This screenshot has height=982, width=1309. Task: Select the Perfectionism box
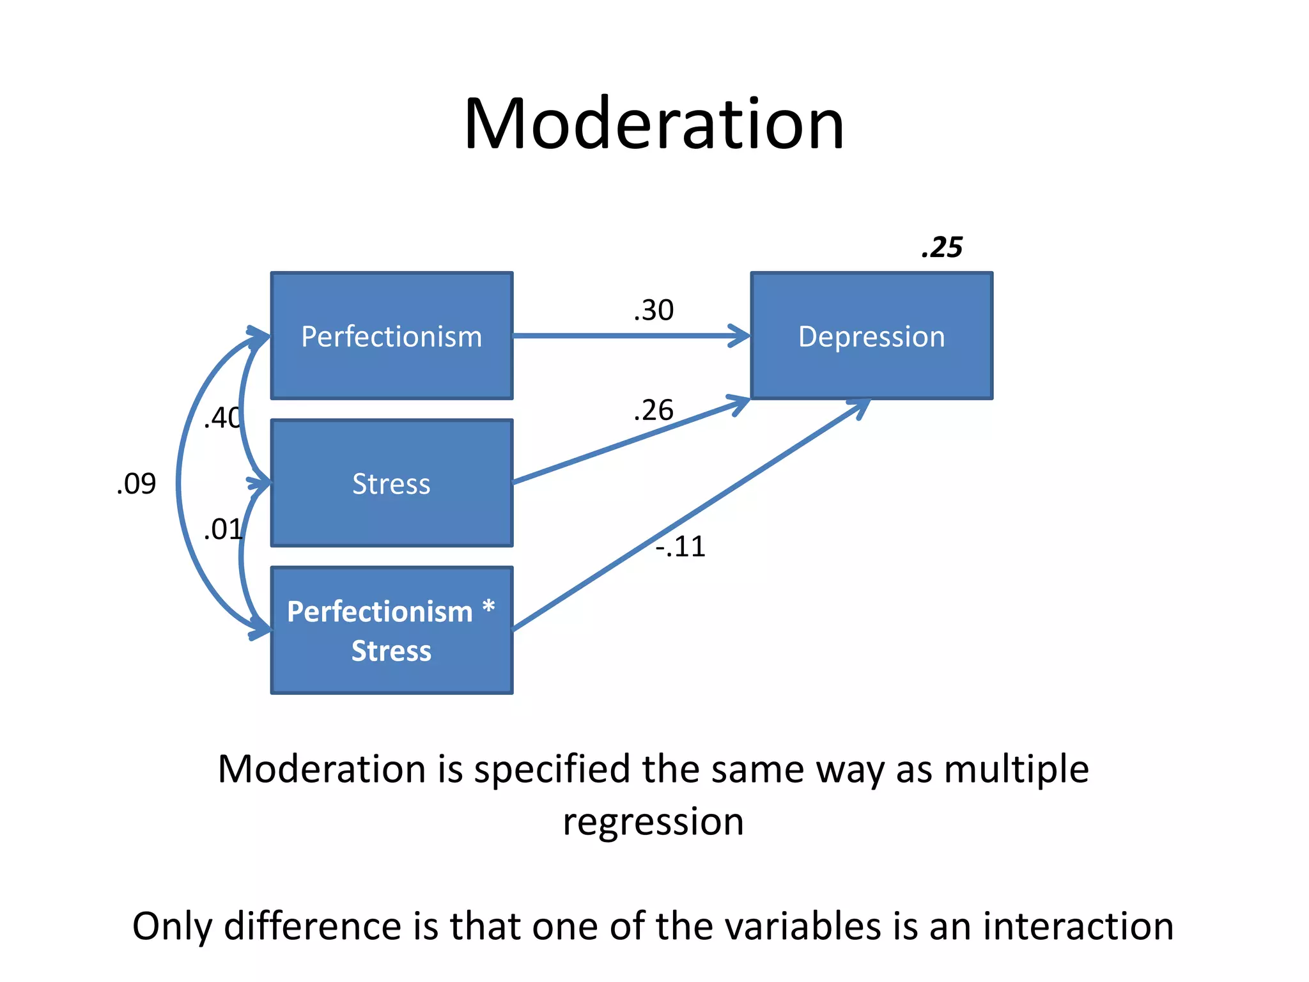pos(392,336)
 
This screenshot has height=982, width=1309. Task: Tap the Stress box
pos(392,483)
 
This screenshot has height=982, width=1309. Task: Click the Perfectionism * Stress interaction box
pos(392,630)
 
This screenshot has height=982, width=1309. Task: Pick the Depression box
pos(871,336)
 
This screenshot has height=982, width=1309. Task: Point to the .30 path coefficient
pos(653,310)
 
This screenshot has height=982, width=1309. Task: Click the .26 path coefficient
pos(653,410)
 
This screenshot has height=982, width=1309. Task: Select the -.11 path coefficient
pos(681,547)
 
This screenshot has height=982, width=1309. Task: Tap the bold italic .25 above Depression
pos(941,247)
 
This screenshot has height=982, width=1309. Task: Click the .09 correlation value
pos(136,484)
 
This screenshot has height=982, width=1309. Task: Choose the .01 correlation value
pos(222,530)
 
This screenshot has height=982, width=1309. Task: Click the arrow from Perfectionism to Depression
pos(630,336)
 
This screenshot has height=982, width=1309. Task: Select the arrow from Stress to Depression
pos(630,440)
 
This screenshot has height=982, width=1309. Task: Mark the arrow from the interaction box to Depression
pos(690,515)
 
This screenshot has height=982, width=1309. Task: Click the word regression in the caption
pos(653,822)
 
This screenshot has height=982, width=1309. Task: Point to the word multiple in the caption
pos(1016,769)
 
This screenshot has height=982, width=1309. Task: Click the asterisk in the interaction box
pos(488,607)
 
